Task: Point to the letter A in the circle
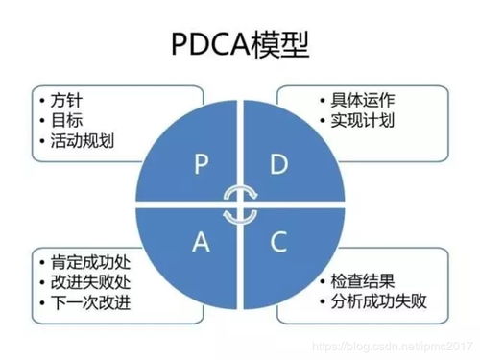click(x=201, y=243)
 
